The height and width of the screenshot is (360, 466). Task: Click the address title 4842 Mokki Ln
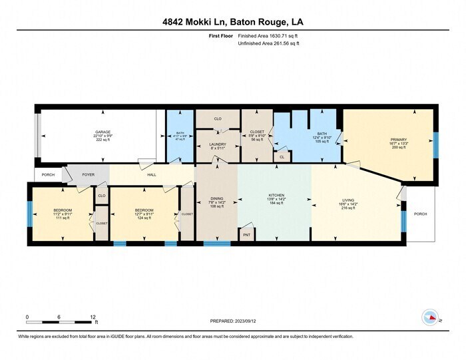(232, 21)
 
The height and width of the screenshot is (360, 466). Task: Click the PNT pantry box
(247, 234)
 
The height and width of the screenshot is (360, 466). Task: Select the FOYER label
(89, 175)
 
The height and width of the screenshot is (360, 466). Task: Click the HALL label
(151, 175)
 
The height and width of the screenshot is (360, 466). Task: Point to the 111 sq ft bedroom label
(63, 214)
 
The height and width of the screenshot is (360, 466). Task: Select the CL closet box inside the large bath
(282, 156)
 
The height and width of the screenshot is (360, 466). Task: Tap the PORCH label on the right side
(420, 214)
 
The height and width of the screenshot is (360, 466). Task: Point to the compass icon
(430, 317)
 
